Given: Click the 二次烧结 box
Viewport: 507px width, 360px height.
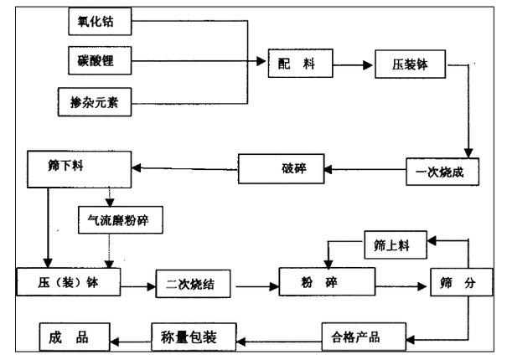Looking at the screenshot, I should tap(199, 285).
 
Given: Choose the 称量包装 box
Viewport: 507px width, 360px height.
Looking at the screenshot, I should tap(194, 338).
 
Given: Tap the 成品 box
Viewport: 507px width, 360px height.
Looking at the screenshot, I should tap(75, 338).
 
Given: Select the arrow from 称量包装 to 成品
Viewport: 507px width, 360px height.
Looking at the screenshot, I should tap(132, 339).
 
